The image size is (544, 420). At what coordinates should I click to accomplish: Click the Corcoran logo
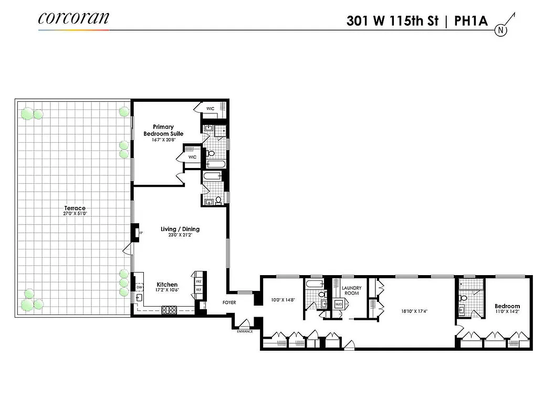(74, 18)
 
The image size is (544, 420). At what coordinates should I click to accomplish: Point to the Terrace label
(74, 208)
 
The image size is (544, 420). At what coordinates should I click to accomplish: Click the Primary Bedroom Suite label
(163, 130)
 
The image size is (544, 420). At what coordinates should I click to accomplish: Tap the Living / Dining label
(180, 229)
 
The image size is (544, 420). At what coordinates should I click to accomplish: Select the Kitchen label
(167, 285)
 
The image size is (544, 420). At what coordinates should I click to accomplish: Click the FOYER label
(229, 302)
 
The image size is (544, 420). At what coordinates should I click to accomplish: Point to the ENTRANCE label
(244, 331)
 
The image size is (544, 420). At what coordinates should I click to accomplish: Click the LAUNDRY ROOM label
(351, 290)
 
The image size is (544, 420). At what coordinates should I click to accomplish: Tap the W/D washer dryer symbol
(339, 304)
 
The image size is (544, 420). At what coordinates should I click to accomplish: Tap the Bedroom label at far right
(507, 306)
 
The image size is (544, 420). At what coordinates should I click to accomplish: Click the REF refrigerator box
(198, 290)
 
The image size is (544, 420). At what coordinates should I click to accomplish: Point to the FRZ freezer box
(198, 281)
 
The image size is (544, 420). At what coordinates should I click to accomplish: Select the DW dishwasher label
(139, 288)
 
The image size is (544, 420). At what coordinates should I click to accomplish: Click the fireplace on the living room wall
(135, 232)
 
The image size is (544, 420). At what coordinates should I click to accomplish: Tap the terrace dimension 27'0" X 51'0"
(74, 214)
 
